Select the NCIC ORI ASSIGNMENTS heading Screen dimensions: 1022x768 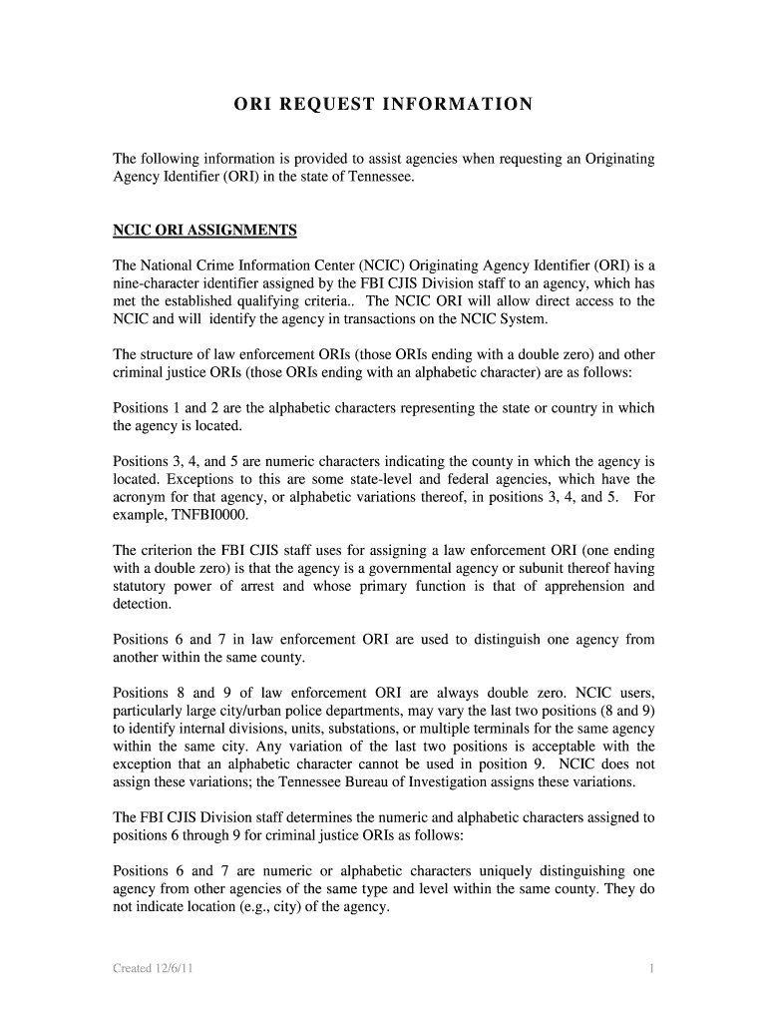coord(204,231)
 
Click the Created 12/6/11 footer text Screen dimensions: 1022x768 coord(154,968)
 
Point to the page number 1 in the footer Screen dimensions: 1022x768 coord(650,968)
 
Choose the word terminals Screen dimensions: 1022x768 coord(504,728)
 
